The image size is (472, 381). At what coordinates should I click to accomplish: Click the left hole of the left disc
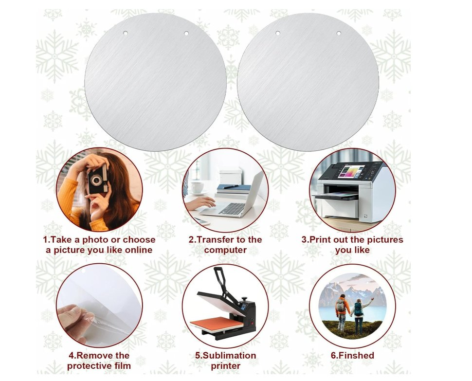point(125,33)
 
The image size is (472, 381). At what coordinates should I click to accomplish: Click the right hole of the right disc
point(339,33)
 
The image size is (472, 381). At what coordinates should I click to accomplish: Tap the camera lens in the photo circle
point(96,180)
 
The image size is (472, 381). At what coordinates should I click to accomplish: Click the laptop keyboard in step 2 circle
point(232,208)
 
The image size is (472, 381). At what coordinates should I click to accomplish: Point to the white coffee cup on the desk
point(197,187)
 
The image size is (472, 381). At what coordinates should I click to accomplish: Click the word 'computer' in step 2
point(225,251)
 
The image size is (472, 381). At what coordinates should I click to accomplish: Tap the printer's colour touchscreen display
point(351,171)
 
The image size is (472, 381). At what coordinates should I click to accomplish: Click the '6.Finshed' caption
point(352,355)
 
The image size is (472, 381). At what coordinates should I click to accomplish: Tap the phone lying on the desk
point(201,222)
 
